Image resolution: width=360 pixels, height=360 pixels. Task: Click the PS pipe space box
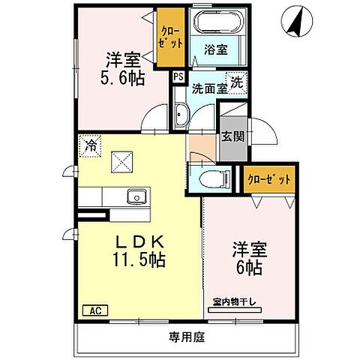[x=178, y=76]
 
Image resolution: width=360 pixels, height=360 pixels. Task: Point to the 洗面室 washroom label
[x=208, y=88]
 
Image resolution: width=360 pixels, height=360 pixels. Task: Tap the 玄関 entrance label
[x=231, y=136]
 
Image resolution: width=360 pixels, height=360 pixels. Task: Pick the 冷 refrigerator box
[x=90, y=143]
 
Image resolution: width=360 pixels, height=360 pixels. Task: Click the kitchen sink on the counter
[x=137, y=197]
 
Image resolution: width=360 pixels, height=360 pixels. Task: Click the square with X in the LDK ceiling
[x=122, y=160]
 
